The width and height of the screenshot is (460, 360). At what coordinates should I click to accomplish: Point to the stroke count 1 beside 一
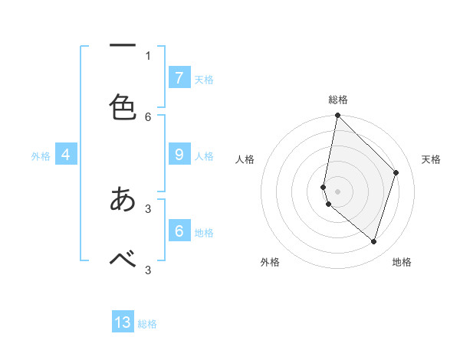(x=148, y=55)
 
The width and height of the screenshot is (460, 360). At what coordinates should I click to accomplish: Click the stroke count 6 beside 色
(x=148, y=116)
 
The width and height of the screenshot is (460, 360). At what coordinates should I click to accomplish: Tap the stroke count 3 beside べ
(x=148, y=269)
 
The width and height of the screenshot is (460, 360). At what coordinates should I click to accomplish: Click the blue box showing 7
(x=179, y=77)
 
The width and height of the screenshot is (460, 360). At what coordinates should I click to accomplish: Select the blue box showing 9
(x=179, y=155)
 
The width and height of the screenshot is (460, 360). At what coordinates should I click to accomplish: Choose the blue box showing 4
(x=65, y=155)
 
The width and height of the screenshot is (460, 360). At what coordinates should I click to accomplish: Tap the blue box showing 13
(x=123, y=322)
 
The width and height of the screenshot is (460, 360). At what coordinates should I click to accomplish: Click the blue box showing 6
(x=179, y=231)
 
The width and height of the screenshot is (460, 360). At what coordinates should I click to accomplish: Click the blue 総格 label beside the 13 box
(x=147, y=324)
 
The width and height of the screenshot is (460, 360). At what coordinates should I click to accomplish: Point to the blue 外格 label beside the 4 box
(x=41, y=156)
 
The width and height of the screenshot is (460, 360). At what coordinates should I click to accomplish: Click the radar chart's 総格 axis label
(x=337, y=100)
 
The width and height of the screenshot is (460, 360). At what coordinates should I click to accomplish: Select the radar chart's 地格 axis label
(x=402, y=262)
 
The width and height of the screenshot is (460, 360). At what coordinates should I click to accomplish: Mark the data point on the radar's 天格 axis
(x=396, y=172)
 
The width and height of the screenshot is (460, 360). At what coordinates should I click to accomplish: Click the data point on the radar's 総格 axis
(x=337, y=115)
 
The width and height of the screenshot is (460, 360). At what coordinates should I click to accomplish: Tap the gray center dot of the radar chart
(x=337, y=191)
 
